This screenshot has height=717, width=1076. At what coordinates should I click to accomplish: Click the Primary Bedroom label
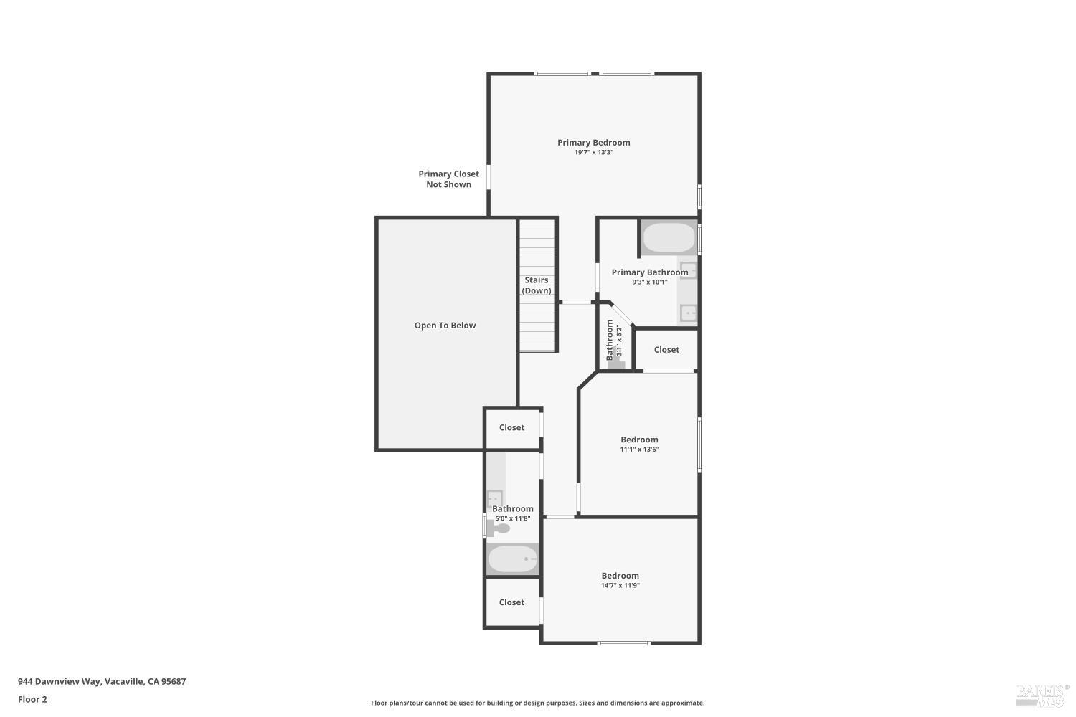(x=593, y=142)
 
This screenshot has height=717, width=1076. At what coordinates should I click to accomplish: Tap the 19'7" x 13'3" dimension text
(x=593, y=152)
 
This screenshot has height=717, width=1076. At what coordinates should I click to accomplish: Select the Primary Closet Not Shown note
(x=448, y=179)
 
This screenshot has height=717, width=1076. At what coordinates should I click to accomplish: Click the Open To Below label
(x=445, y=326)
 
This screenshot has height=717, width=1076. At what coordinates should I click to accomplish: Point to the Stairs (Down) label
(x=537, y=285)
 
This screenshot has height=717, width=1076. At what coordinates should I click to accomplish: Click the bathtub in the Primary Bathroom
(x=669, y=238)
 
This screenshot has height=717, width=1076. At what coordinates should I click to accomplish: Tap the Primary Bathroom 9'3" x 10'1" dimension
(x=649, y=282)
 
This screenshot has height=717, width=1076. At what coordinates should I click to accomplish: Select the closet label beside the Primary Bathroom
(x=666, y=350)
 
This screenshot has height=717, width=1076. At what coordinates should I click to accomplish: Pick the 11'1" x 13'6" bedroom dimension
(x=639, y=450)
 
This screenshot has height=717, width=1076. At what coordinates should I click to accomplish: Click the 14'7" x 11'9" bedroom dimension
(x=620, y=586)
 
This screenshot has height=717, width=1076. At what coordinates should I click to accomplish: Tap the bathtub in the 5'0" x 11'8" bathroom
(x=512, y=559)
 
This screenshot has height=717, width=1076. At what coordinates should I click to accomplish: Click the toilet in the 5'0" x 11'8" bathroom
(x=500, y=528)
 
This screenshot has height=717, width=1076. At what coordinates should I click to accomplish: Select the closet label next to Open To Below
(x=511, y=428)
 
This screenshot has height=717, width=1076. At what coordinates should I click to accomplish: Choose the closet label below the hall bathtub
(x=511, y=603)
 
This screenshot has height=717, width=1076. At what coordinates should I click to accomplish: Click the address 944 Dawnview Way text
(x=102, y=682)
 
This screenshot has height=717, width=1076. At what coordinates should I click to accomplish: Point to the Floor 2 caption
(x=32, y=700)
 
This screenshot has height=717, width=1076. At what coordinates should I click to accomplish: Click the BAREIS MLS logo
(x=1042, y=694)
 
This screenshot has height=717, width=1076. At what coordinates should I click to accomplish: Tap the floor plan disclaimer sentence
(x=537, y=703)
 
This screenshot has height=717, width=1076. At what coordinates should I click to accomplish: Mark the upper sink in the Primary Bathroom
(x=687, y=270)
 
